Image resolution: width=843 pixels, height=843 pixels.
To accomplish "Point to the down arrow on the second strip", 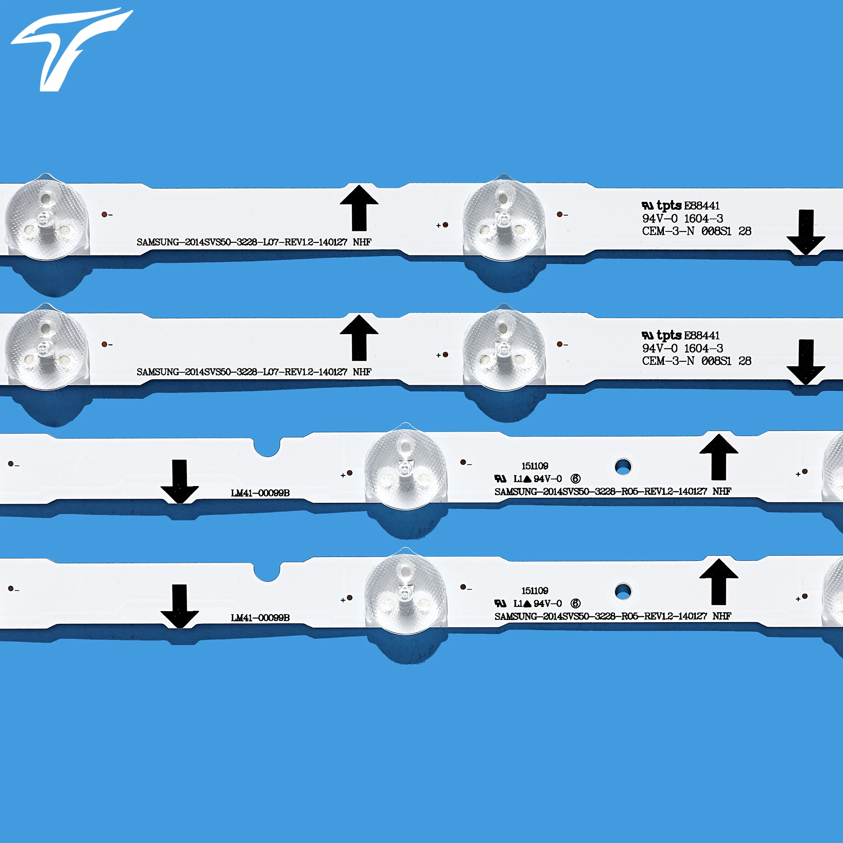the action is pos(805,362).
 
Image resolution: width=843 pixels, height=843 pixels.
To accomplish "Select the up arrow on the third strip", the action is pos(719,457).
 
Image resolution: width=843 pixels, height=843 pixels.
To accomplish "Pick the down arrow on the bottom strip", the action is pos(179,606).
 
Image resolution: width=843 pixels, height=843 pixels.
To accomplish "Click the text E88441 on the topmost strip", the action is pos(702,206).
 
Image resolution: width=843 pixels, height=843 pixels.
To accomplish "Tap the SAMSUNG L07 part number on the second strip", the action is pos(253,372).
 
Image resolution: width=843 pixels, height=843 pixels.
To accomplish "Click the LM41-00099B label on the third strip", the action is pos(260,493).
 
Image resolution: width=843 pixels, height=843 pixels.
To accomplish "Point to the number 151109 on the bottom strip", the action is pos(534,591).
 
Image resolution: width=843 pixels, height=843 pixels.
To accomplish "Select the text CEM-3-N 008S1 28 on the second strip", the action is pos(696,361).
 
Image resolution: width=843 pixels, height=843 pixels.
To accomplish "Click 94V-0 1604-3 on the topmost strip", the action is pos(682,218).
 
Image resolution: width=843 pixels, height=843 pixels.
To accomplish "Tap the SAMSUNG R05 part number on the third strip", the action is pos(612,491).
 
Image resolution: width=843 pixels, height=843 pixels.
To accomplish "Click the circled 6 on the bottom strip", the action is pos(575,604).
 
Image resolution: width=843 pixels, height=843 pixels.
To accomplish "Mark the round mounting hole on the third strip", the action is pos(623,467).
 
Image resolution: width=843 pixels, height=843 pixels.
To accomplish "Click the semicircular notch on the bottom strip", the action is pos(267,571).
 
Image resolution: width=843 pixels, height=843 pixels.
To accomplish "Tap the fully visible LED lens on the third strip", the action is pos(405,470).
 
